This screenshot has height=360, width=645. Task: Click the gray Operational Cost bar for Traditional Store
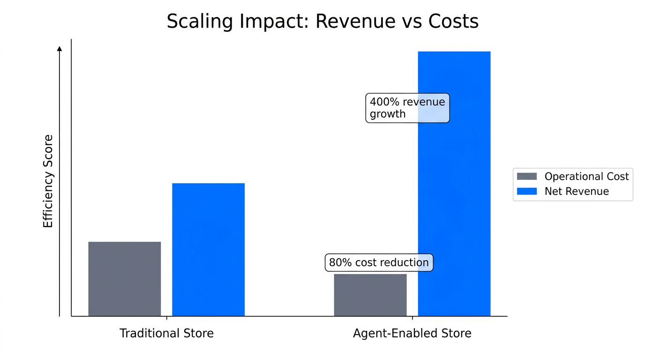(x=124, y=279)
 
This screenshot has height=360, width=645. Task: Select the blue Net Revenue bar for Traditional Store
(x=208, y=249)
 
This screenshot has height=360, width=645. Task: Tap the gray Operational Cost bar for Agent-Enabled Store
(x=370, y=295)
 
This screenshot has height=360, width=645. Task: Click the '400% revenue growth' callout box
(x=407, y=108)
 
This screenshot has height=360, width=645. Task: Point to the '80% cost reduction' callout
(x=379, y=262)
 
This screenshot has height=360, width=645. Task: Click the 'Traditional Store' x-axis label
(x=166, y=333)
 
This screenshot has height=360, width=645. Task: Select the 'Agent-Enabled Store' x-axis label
(x=412, y=333)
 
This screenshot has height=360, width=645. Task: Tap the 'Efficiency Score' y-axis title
(x=48, y=181)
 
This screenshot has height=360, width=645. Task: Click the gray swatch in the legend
(x=526, y=177)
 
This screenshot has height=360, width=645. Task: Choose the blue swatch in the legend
(x=526, y=191)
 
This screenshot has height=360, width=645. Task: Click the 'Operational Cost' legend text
(x=586, y=177)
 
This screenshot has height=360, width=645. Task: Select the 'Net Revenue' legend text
(x=577, y=191)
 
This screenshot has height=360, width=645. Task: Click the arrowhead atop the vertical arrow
(x=60, y=48)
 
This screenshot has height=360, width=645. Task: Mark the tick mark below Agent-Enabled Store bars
(x=412, y=319)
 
